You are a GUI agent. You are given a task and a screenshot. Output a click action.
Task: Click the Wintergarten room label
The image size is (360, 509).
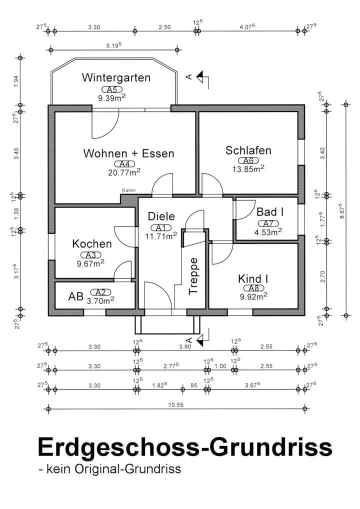(116, 78)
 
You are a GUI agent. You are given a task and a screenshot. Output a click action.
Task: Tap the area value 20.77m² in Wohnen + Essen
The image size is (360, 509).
(124, 172)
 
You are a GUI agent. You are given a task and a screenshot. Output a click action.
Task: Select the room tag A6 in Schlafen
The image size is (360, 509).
(248, 160)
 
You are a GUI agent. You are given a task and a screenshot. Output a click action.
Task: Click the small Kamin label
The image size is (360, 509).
(129, 190)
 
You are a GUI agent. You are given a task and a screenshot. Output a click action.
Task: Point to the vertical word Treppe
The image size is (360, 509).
(193, 276)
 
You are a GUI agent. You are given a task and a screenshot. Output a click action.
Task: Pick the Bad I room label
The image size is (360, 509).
(270, 212)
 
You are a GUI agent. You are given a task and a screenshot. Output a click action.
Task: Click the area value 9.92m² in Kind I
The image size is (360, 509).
(253, 296)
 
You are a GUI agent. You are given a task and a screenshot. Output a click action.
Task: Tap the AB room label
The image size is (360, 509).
(75, 296)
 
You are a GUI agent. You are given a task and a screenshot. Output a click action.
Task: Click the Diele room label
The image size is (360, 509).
(161, 216)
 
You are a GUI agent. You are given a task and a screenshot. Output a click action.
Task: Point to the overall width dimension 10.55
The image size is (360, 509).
(175, 405)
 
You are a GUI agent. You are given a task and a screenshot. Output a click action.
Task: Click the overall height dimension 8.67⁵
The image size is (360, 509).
(341, 210)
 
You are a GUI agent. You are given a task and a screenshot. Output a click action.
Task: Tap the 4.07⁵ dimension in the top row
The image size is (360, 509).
(247, 26)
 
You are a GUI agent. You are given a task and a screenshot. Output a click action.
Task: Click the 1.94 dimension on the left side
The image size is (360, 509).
(16, 81)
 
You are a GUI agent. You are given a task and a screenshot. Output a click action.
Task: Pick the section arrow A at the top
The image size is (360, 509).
(198, 77)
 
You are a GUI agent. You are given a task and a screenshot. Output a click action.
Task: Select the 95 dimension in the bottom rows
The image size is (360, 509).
(194, 385)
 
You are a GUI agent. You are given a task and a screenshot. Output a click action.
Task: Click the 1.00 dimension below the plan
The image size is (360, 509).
(220, 366)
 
